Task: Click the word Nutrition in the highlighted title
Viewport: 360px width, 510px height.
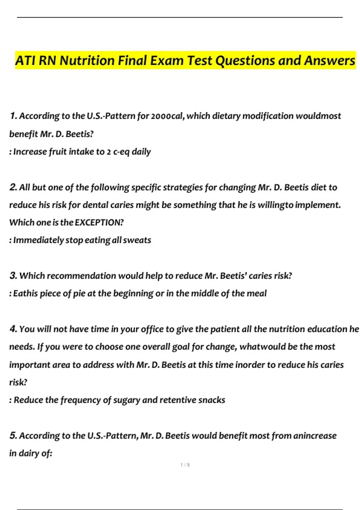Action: coord(87,61)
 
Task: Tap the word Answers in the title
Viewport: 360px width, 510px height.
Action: coord(329,61)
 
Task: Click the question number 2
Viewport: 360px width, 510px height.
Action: coord(13,187)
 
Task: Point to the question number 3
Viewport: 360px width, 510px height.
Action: coord(13,275)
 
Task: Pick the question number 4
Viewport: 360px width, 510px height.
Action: coord(13,329)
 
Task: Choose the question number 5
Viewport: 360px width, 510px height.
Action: coord(13,435)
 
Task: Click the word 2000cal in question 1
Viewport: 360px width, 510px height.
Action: coord(167,116)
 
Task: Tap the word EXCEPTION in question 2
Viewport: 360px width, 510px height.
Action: coord(99,223)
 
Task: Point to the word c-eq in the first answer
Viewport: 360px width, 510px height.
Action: coord(121,152)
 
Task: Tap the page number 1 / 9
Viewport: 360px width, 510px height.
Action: coord(185,465)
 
